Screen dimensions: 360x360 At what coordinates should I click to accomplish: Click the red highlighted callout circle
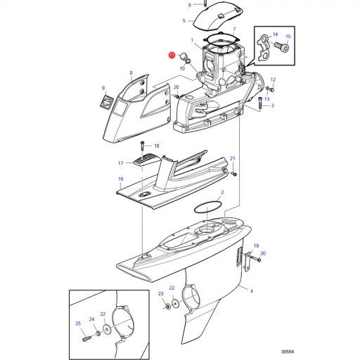(x=171, y=54)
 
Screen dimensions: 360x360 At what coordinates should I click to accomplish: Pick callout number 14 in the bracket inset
(x=275, y=34)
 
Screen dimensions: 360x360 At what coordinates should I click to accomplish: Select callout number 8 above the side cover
(x=130, y=72)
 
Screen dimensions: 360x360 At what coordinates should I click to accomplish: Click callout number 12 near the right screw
(x=273, y=79)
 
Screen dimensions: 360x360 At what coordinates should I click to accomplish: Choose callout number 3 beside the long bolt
(x=272, y=106)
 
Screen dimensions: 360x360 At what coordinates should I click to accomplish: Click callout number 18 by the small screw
(x=157, y=146)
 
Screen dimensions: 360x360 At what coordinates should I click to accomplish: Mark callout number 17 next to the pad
(x=120, y=163)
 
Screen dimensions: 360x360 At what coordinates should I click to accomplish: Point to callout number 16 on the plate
(x=120, y=179)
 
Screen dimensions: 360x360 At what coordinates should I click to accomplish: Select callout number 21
(x=233, y=159)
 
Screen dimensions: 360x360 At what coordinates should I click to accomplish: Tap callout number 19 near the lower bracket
(x=256, y=245)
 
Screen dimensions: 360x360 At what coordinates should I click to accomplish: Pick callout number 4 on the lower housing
(x=252, y=291)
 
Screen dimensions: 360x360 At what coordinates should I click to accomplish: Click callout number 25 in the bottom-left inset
(x=78, y=324)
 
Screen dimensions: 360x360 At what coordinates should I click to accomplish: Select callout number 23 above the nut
(x=160, y=293)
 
